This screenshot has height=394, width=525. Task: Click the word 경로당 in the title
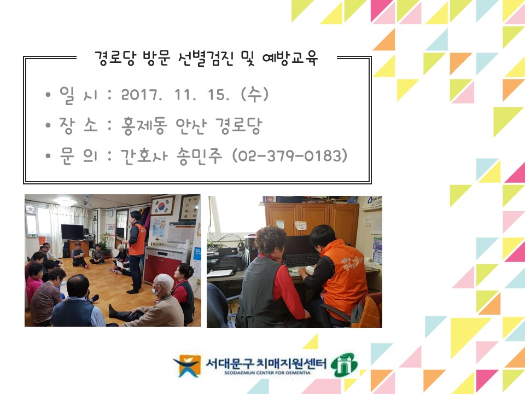point(115,59)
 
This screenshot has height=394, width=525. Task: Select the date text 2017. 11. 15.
point(175,95)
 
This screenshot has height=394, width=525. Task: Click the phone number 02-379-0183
point(290,156)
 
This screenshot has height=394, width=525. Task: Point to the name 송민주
point(200,156)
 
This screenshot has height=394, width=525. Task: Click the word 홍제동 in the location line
point(144,126)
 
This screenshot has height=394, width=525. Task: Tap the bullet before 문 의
point(48,156)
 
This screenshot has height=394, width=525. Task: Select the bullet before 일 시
point(48,95)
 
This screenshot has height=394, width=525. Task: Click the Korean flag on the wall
point(163,206)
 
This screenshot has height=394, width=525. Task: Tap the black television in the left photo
point(72,232)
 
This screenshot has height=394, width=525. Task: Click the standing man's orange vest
point(137,239)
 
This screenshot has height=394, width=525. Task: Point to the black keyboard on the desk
point(302,259)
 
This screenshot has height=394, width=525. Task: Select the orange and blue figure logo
point(187,366)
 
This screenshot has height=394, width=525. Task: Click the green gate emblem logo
point(344,364)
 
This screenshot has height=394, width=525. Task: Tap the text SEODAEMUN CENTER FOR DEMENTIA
point(267,373)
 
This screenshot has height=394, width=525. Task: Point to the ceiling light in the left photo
point(65,201)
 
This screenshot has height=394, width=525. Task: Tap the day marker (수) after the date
point(254,95)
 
